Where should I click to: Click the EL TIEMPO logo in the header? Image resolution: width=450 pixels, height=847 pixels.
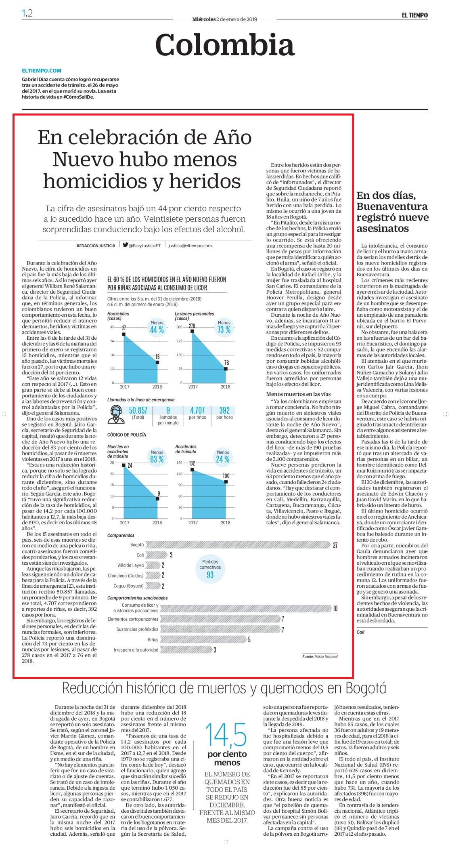coord(414,15)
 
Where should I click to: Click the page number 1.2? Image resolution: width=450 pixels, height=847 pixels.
coord(27,13)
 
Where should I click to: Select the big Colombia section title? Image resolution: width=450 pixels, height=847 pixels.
coord(225,44)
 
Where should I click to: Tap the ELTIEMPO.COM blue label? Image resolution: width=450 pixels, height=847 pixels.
coord(42,70)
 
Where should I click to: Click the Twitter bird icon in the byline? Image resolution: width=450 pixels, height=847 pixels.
coord(126,245)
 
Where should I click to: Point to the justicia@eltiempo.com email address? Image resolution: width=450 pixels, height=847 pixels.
coord(190,246)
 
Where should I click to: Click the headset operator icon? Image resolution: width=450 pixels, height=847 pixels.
coord(117,414)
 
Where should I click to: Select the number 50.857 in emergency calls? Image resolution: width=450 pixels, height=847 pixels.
coord(138,410)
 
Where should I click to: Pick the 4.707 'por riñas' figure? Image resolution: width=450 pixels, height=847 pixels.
coord(197,410)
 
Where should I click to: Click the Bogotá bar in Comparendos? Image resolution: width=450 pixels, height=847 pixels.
coord(238,545)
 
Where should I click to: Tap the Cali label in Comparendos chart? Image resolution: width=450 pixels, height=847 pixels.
coord(140,555)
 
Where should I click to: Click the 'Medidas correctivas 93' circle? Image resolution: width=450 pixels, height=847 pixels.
coord(210,569)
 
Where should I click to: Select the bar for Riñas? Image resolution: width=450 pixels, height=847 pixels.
coord(203,639)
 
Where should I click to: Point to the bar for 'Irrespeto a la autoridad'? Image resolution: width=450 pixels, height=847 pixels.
coord(186,650)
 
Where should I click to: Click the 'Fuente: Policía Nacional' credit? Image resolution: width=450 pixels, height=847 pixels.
coord(320,656)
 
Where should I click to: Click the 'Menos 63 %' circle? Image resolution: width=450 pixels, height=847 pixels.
coord(157,456)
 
